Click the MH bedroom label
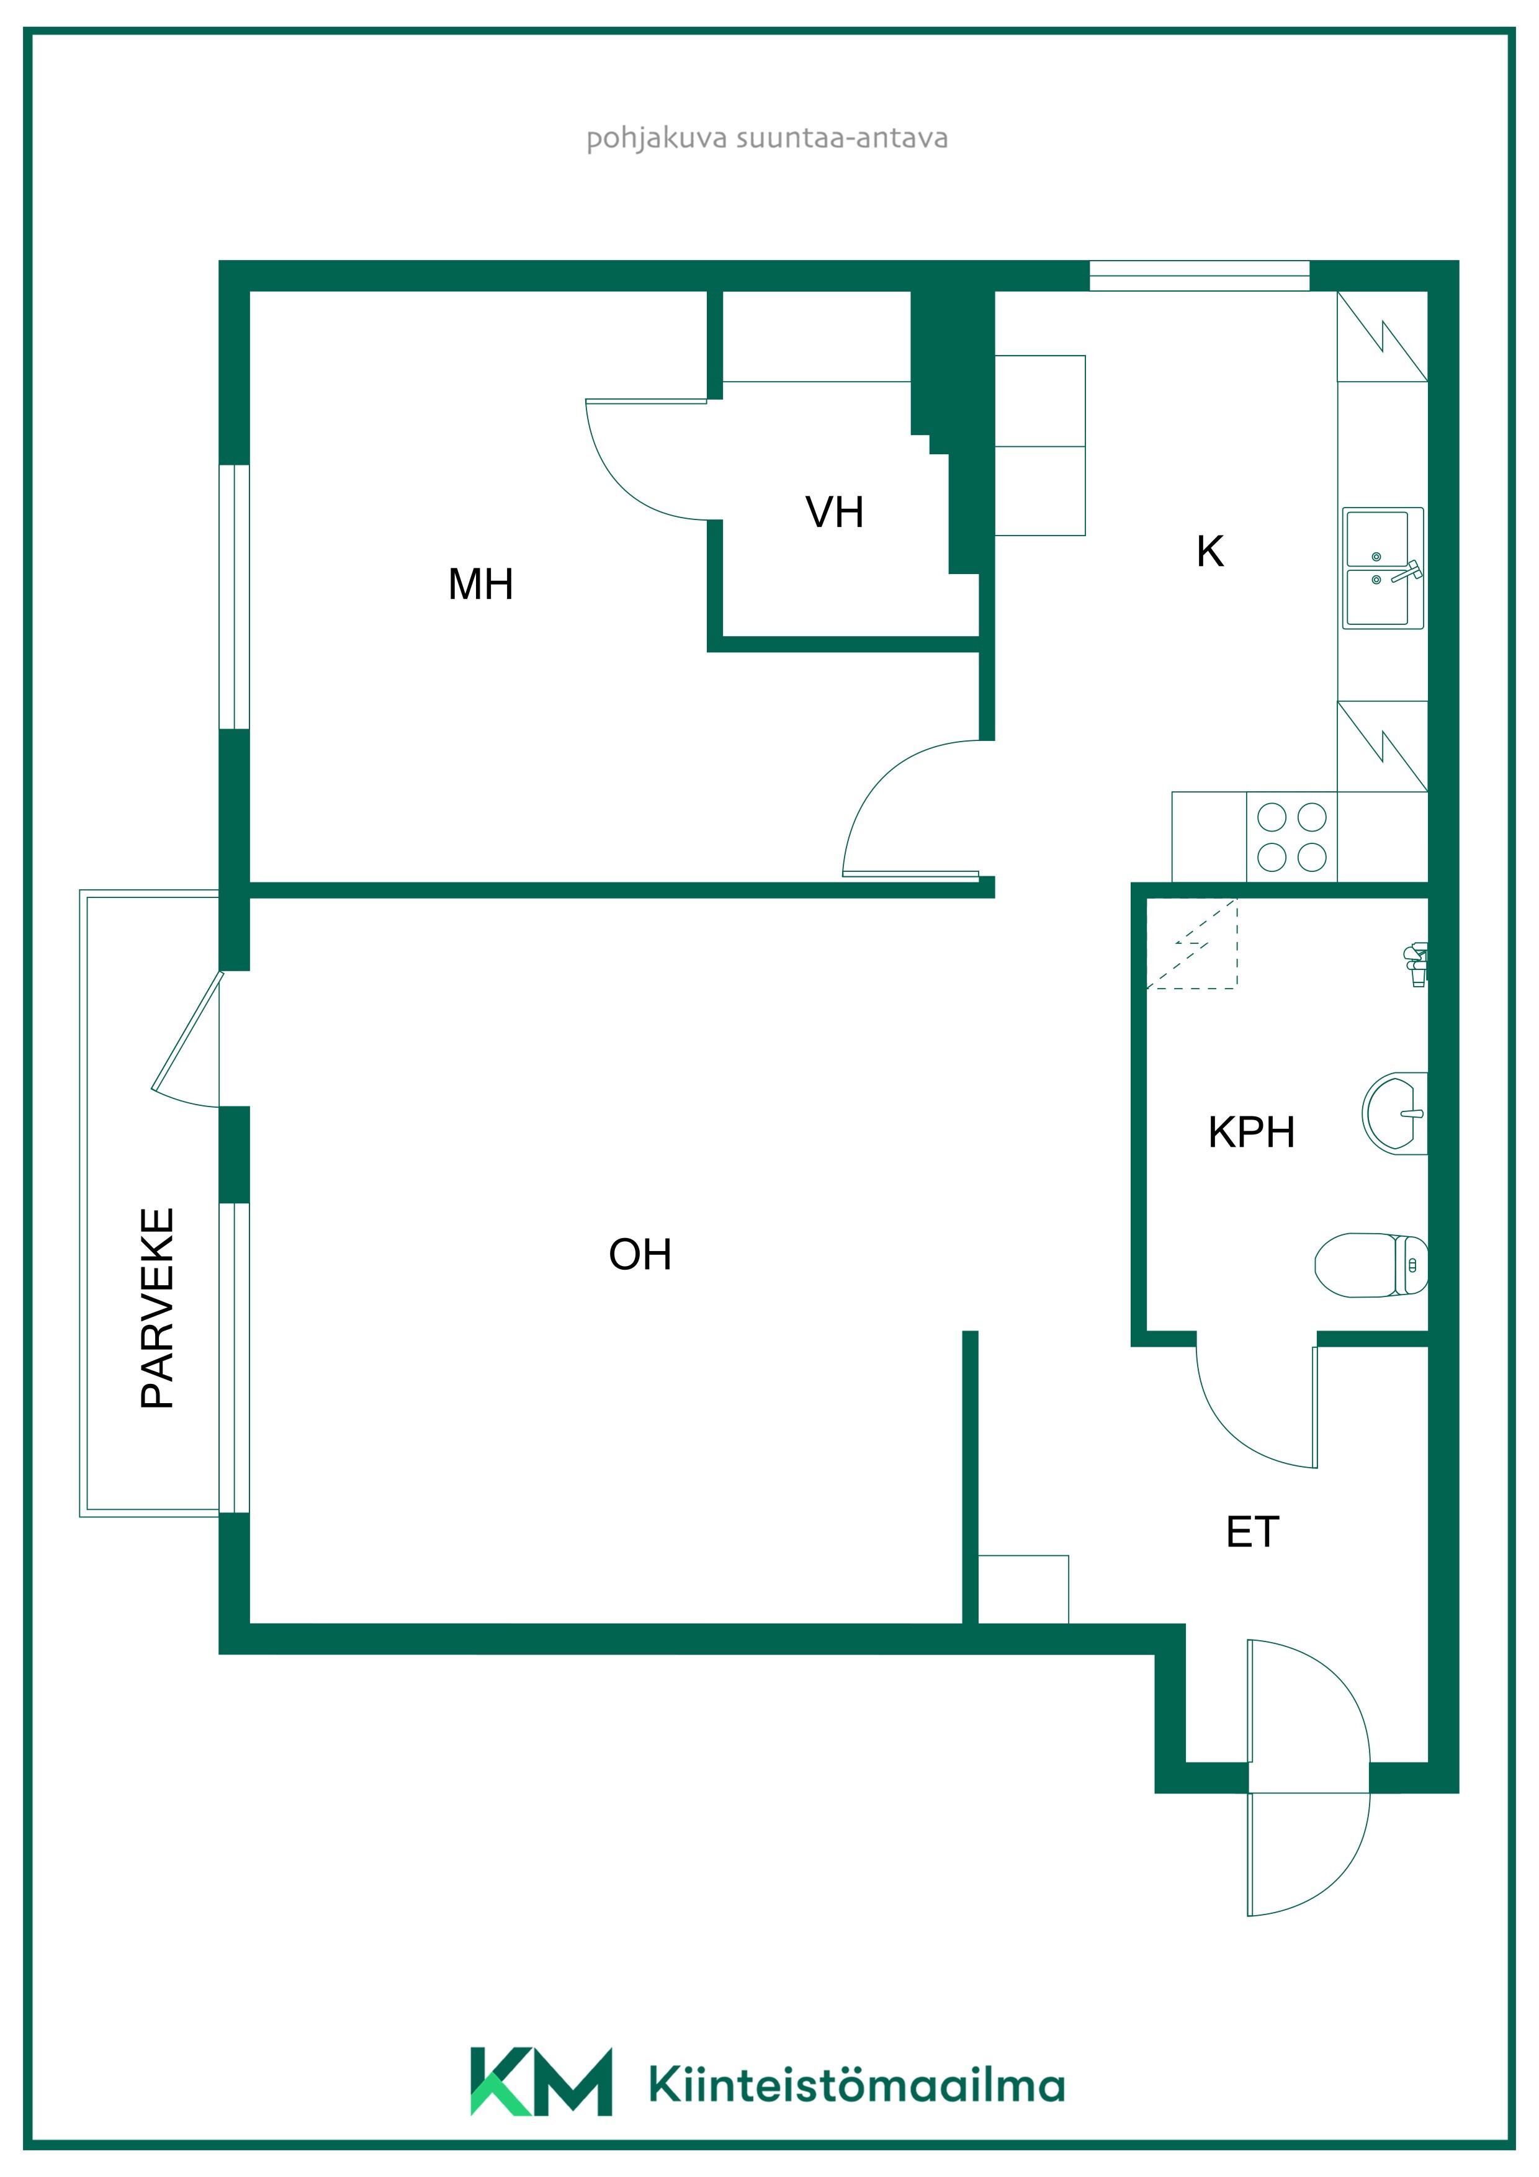(481, 584)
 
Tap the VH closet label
(835, 512)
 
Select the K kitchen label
(1210, 551)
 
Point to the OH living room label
(640, 1254)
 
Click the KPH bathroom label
(1250, 1132)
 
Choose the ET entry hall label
(1253, 1532)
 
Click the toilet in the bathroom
(1371, 1265)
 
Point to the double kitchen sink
(1383, 568)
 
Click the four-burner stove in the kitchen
(1291, 837)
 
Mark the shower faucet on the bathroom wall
(1416, 965)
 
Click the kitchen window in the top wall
(1200, 276)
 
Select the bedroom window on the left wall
(234, 598)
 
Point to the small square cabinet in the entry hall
(1023, 1589)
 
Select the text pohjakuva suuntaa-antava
(767, 138)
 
